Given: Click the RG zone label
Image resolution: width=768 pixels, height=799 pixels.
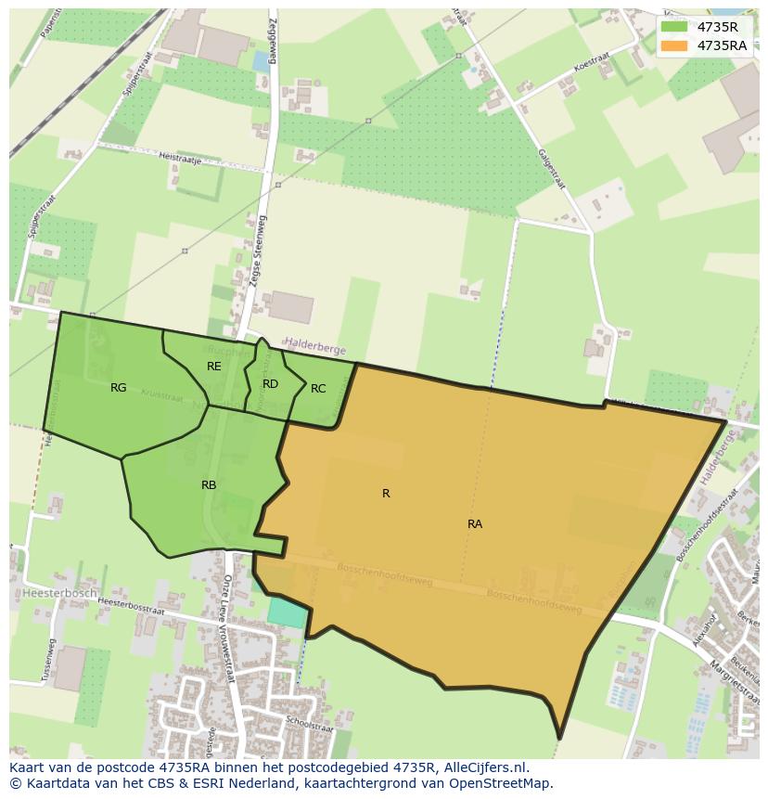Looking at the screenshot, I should [118, 388].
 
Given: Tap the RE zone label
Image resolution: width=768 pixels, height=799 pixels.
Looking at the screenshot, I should [214, 367].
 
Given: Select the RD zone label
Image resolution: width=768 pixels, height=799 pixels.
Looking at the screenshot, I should [270, 384].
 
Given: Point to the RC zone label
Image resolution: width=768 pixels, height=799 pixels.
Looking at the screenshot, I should [318, 389].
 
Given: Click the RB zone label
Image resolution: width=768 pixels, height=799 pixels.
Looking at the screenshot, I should [209, 485].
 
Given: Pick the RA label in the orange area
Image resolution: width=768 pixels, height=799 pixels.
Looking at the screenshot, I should [475, 524].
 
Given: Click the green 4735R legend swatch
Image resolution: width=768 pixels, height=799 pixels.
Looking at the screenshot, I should [674, 27].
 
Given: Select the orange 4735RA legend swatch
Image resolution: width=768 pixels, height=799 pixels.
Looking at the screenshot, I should [674, 45].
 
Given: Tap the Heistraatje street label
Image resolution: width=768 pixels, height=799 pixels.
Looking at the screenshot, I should [180, 157].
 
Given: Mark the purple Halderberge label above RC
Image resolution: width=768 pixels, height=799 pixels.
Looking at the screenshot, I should [314, 349].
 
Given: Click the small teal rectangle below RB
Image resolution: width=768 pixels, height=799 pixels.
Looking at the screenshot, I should [285, 612].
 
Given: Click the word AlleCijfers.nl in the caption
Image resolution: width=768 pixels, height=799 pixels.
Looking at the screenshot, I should [482, 767].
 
